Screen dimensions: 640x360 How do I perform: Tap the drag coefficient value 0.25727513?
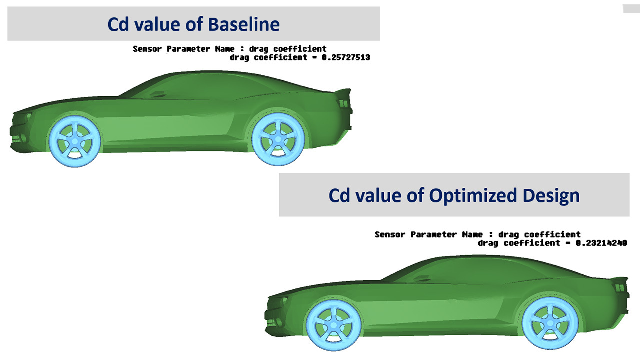[346, 57]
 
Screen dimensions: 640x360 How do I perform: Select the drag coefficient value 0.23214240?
[601, 243]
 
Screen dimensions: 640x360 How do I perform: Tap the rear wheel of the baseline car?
[278, 139]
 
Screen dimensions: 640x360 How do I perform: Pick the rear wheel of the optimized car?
[550, 323]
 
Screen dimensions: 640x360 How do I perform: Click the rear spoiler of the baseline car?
[343, 93]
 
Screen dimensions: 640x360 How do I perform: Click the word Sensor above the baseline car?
[147, 49]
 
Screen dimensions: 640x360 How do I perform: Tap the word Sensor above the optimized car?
[390, 235]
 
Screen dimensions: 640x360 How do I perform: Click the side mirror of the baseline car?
[157, 94]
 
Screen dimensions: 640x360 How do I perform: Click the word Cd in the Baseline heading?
[118, 24]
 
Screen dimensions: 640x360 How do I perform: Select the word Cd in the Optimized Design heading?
[339, 196]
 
